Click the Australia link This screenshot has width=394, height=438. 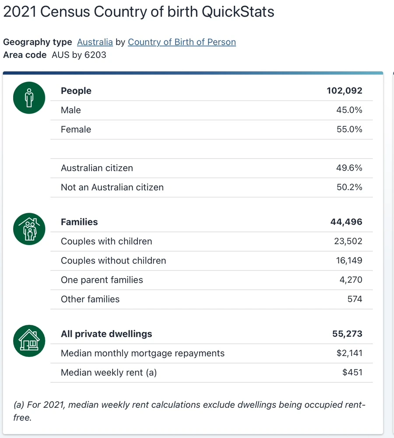pos(95,42)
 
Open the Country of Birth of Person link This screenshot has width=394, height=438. pos(182,42)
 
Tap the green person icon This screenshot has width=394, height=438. pos(29,97)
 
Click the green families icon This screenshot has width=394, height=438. pos(29,229)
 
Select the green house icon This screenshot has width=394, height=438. pos(29,340)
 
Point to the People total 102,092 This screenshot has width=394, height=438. pos(344,91)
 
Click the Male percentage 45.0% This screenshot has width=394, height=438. pos(349,110)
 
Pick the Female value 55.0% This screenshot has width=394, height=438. pos(349,129)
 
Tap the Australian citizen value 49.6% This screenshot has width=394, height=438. pos(349,168)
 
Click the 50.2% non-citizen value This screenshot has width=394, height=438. pos(349,187)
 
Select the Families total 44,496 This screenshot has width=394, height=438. pos(346,222)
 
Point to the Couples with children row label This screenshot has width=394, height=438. pos(106,241)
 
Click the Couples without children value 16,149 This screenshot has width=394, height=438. pos(348,260)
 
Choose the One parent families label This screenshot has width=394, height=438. pos(102,280)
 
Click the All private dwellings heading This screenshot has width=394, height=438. pos(106,334)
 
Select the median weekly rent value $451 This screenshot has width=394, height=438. pos(352,372)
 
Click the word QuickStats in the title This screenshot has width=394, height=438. pos(238,12)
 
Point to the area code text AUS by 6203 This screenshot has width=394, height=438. pos(79,55)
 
